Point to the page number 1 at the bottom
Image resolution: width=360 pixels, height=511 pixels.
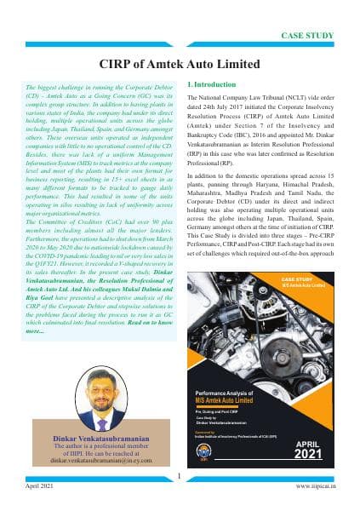coord(180,476)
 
